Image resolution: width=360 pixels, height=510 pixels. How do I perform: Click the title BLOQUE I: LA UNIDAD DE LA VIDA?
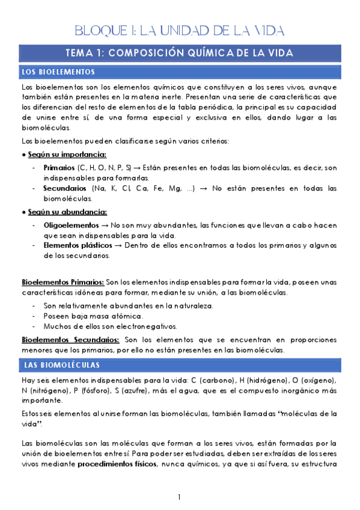179,30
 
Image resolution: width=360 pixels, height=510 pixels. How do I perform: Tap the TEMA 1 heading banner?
179,53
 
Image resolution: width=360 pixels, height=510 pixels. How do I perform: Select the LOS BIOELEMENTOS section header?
58,72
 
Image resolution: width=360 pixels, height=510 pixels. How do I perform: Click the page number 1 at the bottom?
179,497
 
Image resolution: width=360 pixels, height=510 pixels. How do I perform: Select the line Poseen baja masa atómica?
93,316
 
